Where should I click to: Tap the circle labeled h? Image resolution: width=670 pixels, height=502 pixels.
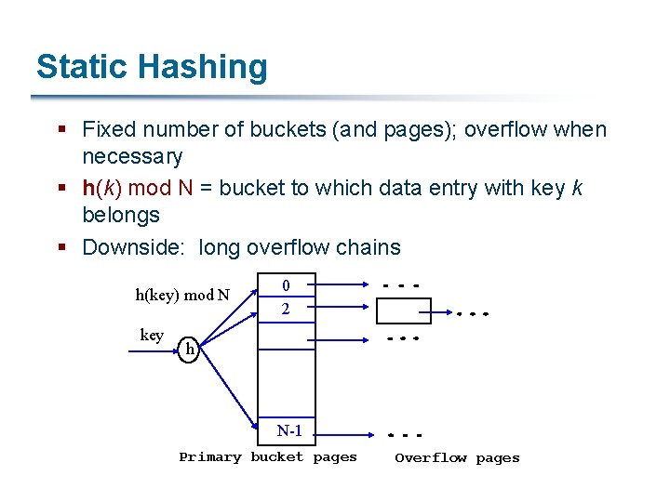(x=189, y=350)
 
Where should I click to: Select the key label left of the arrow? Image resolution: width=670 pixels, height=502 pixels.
(x=152, y=335)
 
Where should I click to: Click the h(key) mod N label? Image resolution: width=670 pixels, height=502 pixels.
(x=182, y=296)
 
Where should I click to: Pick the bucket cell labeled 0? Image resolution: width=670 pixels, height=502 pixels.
(x=287, y=285)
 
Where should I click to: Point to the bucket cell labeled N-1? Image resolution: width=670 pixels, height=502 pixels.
(x=289, y=430)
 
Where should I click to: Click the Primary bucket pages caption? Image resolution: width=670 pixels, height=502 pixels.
(x=268, y=457)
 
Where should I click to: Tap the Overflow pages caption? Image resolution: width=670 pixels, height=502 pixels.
(x=457, y=457)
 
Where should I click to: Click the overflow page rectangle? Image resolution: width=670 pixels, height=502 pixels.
(x=403, y=310)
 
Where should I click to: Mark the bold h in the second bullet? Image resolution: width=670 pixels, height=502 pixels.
(x=88, y=188)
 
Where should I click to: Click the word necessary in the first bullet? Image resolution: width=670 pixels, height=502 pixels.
(x=132, y=156)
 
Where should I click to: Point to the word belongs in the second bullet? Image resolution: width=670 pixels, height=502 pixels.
(x=121, y=215)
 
